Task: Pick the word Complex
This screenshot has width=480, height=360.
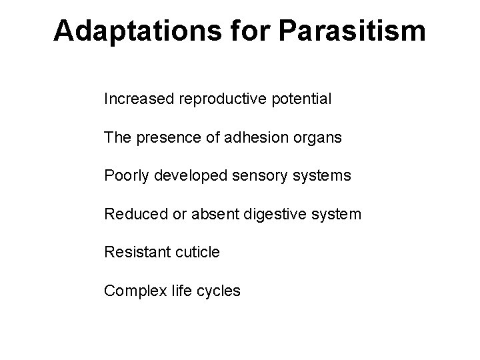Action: coord(131,291)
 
